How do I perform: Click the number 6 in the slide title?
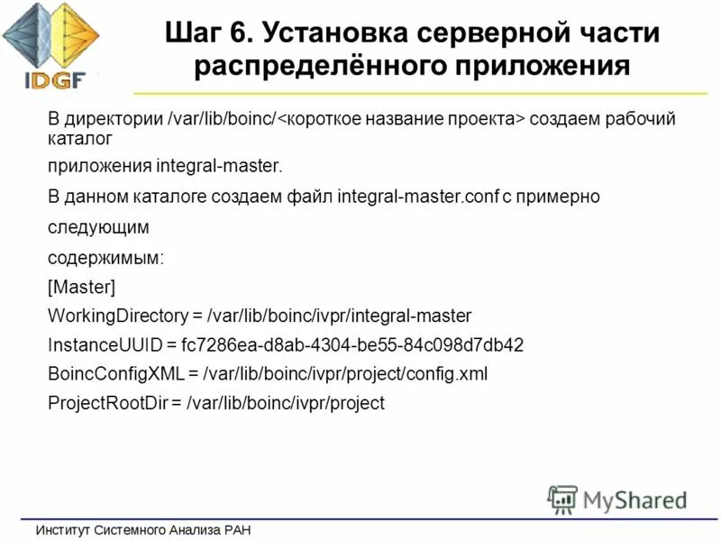(x=245, y=34)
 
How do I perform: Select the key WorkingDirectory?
(x=118, y=316)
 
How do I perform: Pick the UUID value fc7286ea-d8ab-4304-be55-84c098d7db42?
(x=352, y=344)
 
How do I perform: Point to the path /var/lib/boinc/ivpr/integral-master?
(x=339, y=316)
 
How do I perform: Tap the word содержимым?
(x=105, y=257)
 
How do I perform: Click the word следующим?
(x=98, y=225)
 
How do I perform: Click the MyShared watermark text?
(x=635, y=500)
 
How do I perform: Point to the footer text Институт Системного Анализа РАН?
(x=143, y=530)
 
